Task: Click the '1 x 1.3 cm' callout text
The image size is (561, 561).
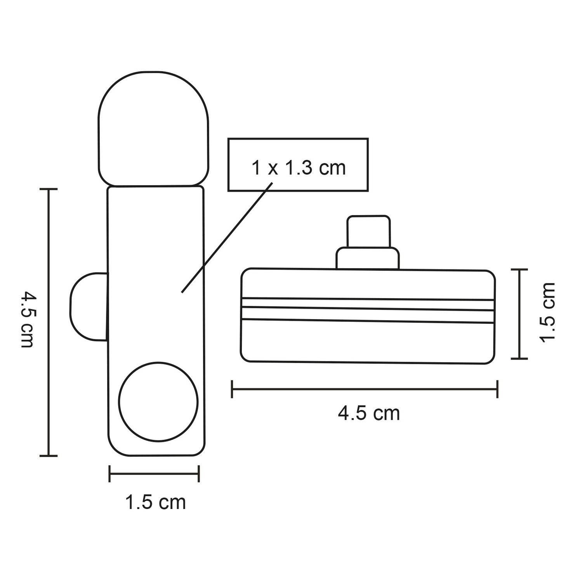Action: point(299,168)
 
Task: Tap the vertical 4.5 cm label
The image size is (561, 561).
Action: point(28,320)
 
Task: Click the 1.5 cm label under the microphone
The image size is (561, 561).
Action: point(155,502)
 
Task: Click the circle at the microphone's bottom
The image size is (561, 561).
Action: point(158,402)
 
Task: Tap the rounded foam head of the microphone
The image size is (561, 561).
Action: point(153,129)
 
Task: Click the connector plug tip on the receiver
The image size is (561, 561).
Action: point(368,231)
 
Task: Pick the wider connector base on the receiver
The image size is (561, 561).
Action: point(367,258)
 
